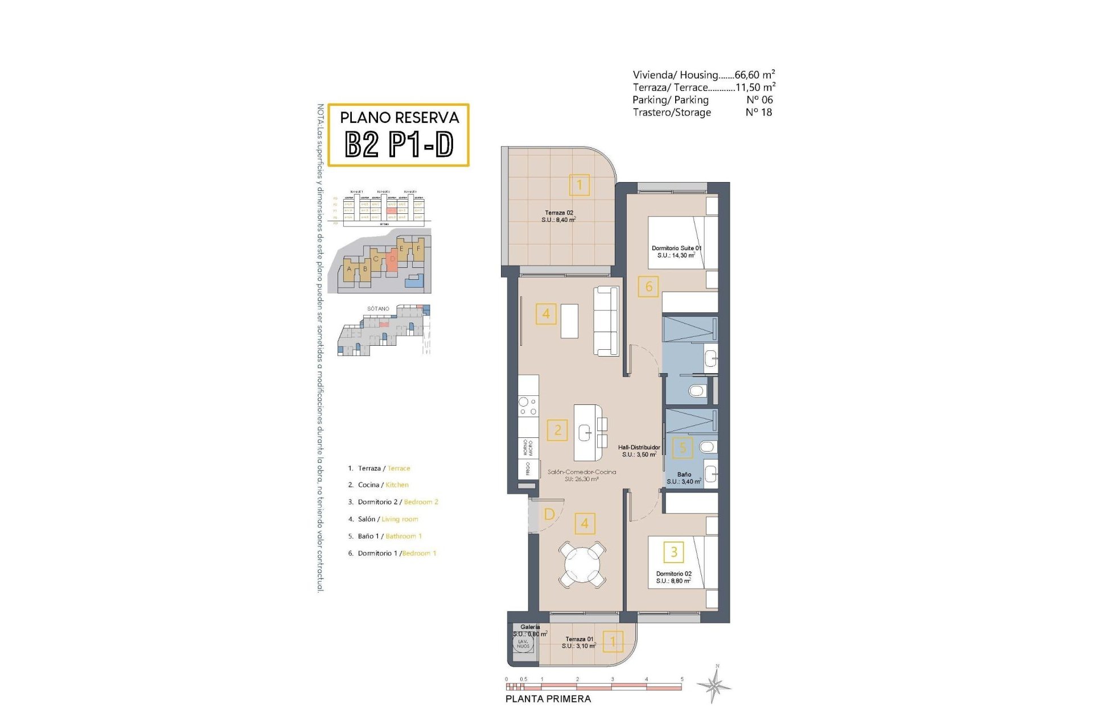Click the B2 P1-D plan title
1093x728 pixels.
pyautogui.click(x=399, y=144)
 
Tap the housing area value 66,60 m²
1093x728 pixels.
pyautogui.click(x=754, y=75)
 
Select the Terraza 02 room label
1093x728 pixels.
pyautogui.click(x=558, y=216)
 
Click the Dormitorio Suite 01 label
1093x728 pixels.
pyautogui.click(x=676, y=252)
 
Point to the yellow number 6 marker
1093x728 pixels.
pyautogui.click(x=648, y=287)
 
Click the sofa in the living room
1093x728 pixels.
pyautogui.click(x=606, y=321)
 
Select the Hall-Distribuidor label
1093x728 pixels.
pyautogui.click(x=639, y=451)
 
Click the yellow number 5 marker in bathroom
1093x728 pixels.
pyautogui.click(x=683, y=448)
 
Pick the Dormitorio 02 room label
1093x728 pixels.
pyautogui.click(x=673, y=577)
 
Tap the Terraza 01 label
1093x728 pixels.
pyautogui.click(x=579, y=642)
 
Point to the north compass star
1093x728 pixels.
pyautogui.click(x=716, y=685)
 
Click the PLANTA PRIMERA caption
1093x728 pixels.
pyautogui.click(x=548, y=699)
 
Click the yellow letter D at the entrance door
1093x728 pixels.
pyautogui.click(x=549, y=515)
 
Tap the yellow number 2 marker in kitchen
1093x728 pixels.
pyautogui.click(x=557, y=430)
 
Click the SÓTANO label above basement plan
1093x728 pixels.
pyautogui.click(x=378, y=309)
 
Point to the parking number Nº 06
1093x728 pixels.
pyautogui.click(x=759, y=100)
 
